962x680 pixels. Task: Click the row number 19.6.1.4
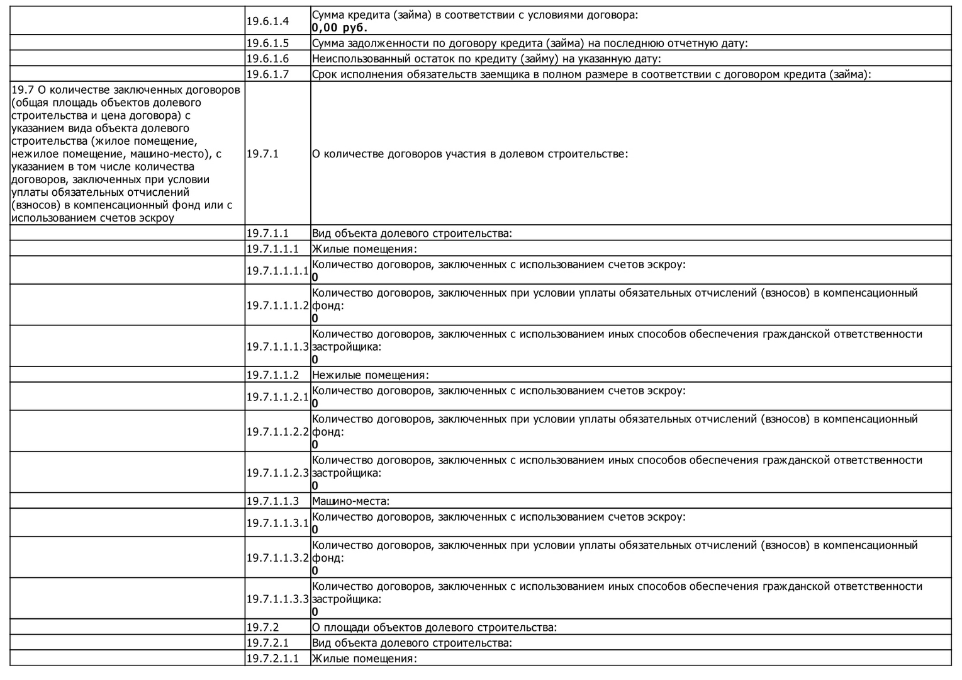coord(267,21)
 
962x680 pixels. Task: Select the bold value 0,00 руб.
coord(339,28)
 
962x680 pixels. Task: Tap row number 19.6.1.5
coord(267,43)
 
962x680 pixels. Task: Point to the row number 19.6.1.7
coord(267,74)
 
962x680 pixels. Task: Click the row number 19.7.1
coord(262,154)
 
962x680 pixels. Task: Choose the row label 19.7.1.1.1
coord(272,249)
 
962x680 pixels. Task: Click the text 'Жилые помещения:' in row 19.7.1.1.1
coord(364,249)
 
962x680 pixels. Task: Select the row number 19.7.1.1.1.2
coord(277,305)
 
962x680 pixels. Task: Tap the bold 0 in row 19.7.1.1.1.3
coord(315,360)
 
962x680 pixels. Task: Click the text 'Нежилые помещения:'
coord(370,375)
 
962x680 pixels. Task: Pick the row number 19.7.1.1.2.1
coord(277,397)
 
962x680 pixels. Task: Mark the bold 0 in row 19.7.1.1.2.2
coord(315,445)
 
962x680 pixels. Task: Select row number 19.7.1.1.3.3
coord(277,599)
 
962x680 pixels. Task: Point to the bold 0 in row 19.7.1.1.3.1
coord(315,530)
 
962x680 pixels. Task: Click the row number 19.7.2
coord(262,627)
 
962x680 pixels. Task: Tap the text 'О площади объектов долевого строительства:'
coord(434,627)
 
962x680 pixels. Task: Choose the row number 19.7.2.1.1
coord(272,659)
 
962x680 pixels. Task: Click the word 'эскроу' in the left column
coord(157,218)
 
